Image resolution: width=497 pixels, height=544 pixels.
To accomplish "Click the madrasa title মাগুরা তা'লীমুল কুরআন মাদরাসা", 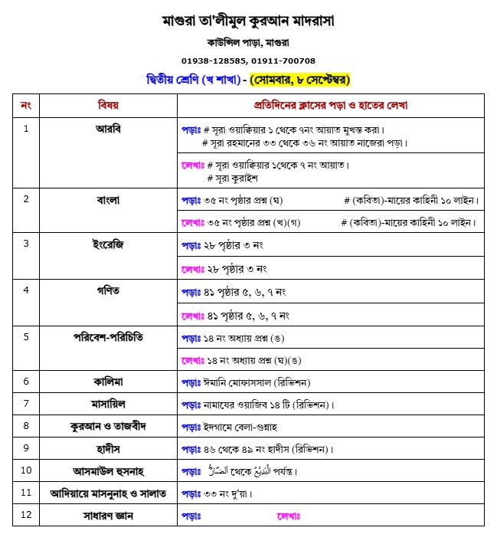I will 248,19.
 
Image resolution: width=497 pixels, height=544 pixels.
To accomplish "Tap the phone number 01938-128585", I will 214,61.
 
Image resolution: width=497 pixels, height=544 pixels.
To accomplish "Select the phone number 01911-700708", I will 283,61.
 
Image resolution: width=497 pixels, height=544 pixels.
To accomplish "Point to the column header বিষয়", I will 108,104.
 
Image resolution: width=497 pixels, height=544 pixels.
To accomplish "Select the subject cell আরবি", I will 108,128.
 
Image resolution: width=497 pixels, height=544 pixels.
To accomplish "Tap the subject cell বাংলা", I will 108,200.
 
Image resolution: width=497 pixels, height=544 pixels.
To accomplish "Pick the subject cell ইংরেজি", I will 108,244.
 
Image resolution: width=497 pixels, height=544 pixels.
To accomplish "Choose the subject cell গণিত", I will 108,290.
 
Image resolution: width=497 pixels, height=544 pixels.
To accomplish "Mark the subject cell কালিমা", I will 108,381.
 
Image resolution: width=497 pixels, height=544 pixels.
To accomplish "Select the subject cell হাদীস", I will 108,447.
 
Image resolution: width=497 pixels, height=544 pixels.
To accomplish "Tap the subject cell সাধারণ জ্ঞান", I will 108,516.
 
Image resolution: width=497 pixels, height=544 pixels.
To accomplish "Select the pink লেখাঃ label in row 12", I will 289,516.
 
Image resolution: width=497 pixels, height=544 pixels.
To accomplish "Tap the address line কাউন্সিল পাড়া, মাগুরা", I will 248,43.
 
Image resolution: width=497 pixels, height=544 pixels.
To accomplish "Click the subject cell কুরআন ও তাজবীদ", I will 108,425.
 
